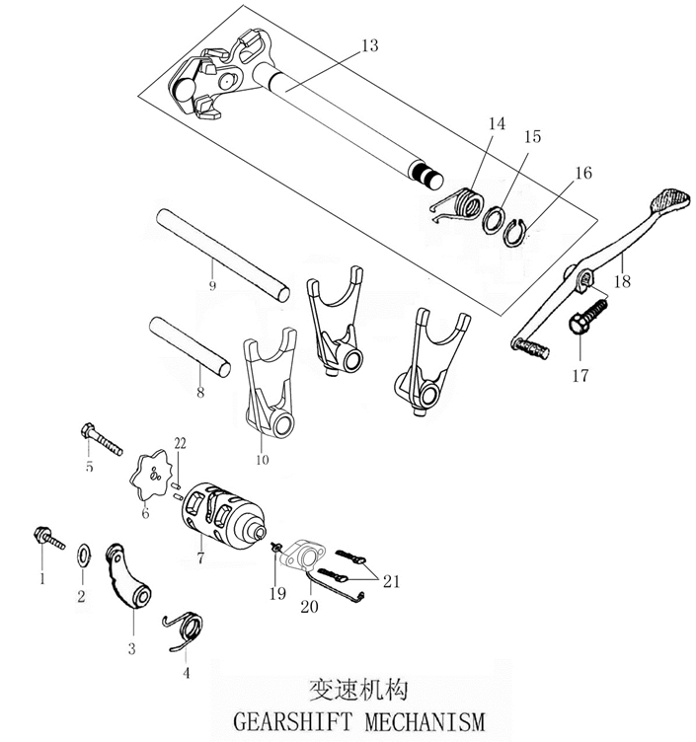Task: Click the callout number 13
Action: (368, 46)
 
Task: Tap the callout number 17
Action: (579, 375)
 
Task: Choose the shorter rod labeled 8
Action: (190, 344)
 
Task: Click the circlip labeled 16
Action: (521, 232)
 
